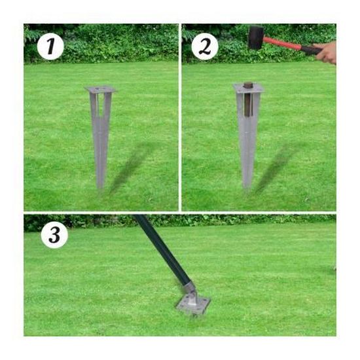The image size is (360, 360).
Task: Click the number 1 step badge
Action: tap(50, 46)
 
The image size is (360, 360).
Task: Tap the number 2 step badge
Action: tap(205, 46)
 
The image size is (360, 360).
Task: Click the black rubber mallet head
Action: tap(256, 37)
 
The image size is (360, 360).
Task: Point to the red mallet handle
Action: tap(282, 44)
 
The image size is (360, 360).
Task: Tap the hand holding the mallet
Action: tap(327, 53)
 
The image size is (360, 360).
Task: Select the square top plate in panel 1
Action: tap(100, 89)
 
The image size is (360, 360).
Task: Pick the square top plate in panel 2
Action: tap(249, 88)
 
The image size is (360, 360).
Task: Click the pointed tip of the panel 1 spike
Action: tap(100, 188)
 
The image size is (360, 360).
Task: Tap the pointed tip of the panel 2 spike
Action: tap(247, 187)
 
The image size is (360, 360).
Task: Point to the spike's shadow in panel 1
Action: tap(132, 167)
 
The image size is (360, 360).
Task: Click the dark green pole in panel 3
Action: tap(162, 249)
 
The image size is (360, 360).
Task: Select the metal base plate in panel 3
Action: tap(193, 306)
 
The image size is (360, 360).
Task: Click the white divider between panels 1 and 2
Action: tap(180, 117)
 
